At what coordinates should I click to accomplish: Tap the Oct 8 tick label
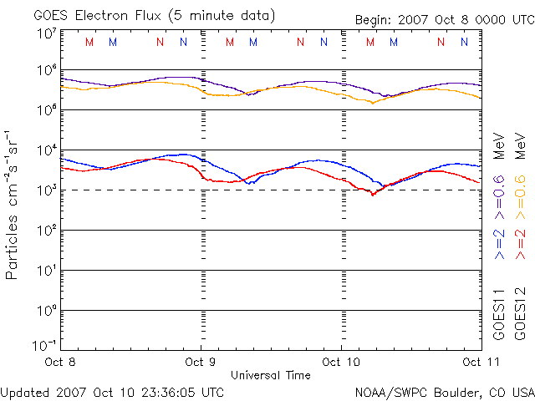pyautogui.click(x=60, y=362)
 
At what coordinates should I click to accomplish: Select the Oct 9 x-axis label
pyautogui.click(x=201, y=362)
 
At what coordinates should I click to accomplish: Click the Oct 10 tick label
pyautogui.click(x=341, y=362)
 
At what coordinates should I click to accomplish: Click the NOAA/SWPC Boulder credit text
pyautogui.click(x=444, y=391)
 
